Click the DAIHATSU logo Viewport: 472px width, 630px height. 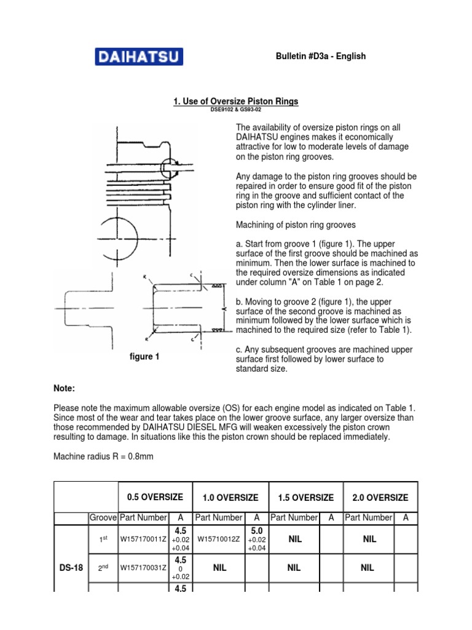click(x=138, y=57)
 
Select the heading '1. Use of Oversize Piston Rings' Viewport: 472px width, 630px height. click(x=237, y=101)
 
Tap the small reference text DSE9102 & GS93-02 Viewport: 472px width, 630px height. click(x=237, y=110)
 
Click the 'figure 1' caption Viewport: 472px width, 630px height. click(x=144, y=357)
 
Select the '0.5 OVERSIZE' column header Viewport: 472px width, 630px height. click(x=155, y=496)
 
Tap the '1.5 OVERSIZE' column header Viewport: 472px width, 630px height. click(x=305, y=497)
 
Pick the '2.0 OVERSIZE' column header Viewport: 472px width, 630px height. click(x=380, y=497)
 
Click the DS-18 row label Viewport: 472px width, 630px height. click(x=71, y=568)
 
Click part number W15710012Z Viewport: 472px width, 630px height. click(x=218, y=540)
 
